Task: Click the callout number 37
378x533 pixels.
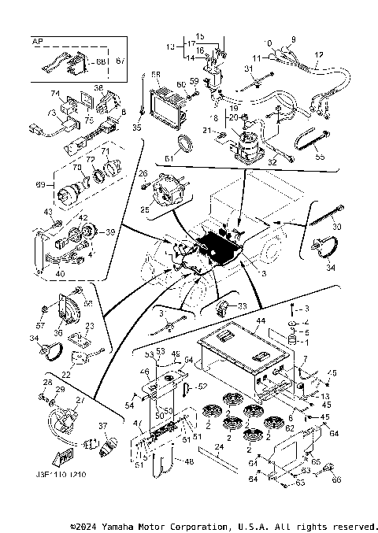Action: pos(102,426)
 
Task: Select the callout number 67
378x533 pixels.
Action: pos(120,61)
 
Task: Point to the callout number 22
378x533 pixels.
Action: pos(67,375)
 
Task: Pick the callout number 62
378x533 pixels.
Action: pos(291,428)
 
